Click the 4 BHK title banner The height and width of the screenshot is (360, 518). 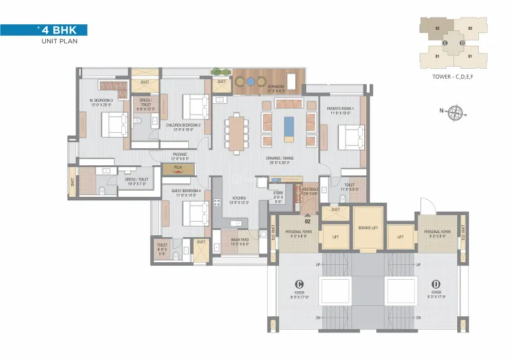(44, 30)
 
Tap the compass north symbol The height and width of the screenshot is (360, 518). (456, 111)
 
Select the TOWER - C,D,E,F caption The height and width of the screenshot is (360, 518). (451, 78)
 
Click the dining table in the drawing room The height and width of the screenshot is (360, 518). (236, 130)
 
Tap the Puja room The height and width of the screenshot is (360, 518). (177, 169)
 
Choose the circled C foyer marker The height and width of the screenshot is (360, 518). (298, 283)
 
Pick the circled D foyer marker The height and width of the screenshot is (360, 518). (435, 283)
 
